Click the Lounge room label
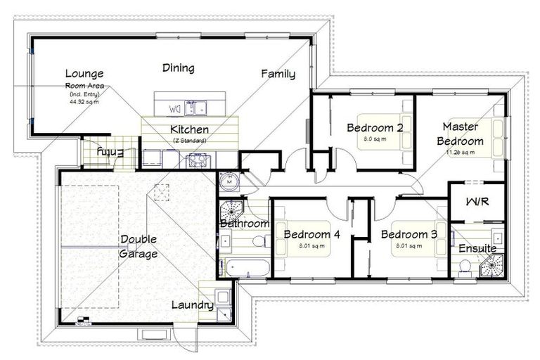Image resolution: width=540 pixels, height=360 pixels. (84, 73)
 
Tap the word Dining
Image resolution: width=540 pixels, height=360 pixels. (178, 68)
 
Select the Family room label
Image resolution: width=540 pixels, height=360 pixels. (278, 73)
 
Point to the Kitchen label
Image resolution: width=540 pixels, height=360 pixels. (189, 129)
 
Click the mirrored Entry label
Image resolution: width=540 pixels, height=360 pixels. (110, 151)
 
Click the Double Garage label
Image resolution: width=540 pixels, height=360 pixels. (138, 246)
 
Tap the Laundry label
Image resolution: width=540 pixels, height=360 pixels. (192, 305)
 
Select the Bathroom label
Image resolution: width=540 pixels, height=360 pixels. (244, 224)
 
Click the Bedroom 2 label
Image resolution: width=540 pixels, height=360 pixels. (374, 127)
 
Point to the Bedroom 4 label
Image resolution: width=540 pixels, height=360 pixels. (312, 234)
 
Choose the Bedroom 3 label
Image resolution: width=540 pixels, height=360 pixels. (409, 234)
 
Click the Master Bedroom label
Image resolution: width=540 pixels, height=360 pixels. (460, 134)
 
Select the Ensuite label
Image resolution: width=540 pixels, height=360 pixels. (477, 248)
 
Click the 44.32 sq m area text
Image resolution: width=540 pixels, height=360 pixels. (84, 101)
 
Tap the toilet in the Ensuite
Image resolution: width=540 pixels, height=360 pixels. (465, 266)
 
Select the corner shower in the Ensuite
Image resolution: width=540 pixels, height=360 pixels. (493, 266)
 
